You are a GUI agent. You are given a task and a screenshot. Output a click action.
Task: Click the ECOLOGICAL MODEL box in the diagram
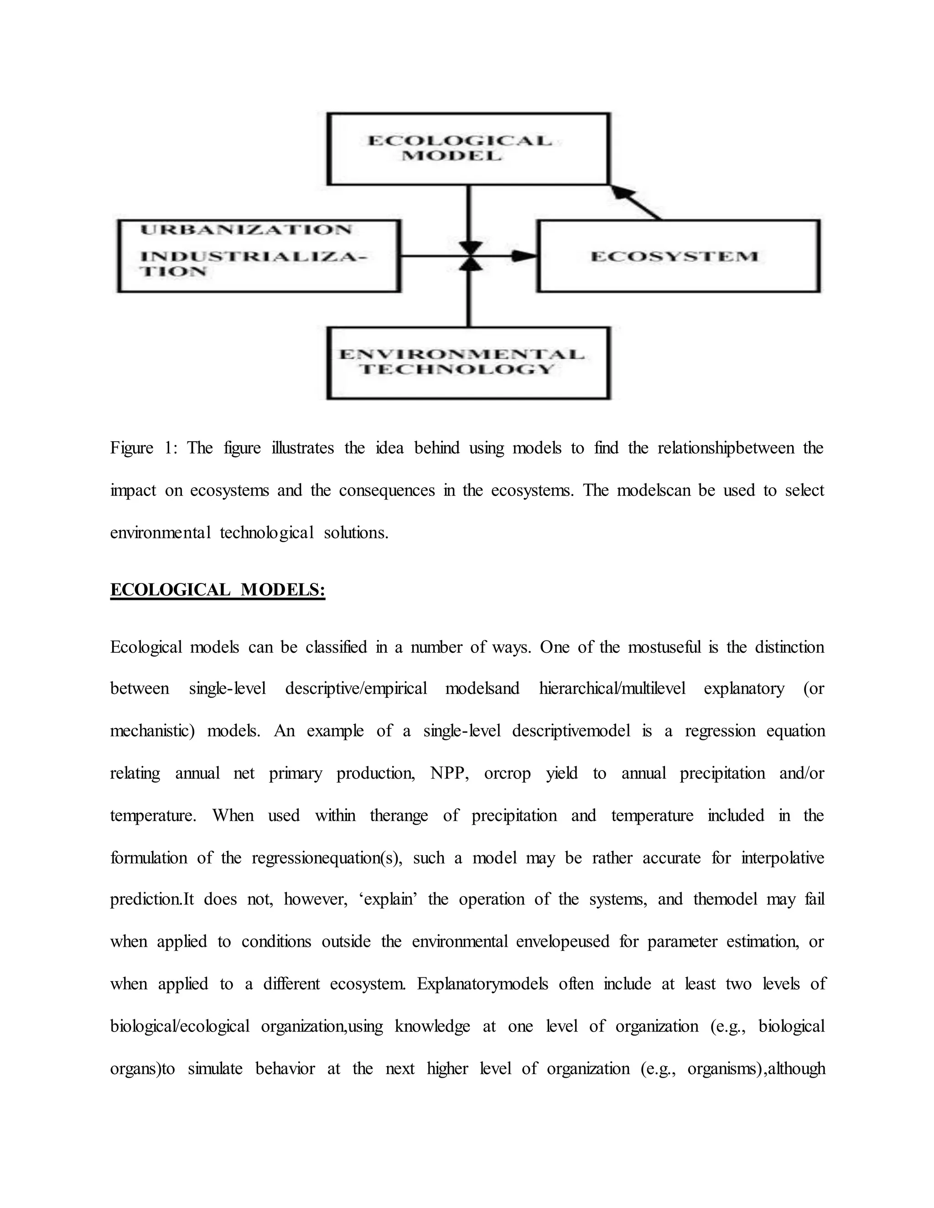468,148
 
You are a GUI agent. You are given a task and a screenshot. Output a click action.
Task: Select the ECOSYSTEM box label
675,257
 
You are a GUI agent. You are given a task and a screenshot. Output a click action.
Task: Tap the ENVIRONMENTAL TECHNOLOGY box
468,362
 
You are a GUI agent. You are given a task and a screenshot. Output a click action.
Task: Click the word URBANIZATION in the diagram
246,230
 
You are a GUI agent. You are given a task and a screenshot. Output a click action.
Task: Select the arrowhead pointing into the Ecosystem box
523,256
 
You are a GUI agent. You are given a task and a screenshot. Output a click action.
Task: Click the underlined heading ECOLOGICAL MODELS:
218,589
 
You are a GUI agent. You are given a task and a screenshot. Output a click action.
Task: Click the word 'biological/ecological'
180,1026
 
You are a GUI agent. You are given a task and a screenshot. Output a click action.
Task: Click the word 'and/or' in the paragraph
801,773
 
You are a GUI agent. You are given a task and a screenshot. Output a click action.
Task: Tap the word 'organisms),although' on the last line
756,1068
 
